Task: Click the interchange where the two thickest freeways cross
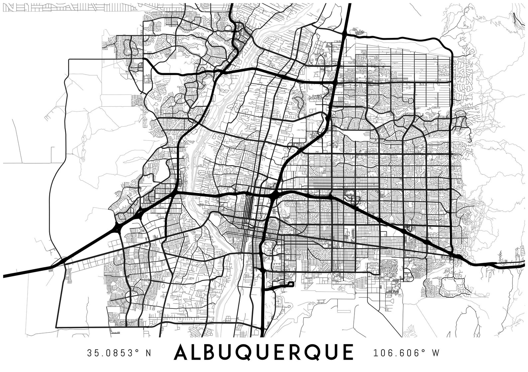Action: point(273,196)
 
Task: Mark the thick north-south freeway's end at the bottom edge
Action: point(262,336)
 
